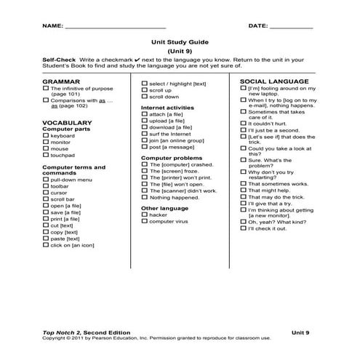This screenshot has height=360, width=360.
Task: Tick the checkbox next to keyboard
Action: click(x=47, y=135)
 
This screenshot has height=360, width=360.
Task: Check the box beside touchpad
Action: click(x=47, y=155)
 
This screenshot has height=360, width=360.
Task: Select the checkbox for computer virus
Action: click(x=144, y=221)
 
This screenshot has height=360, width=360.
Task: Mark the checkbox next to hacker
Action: click(x=144, y=215)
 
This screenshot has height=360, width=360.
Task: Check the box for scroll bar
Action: click(x=47, y=199)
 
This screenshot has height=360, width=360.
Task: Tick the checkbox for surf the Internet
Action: click(x=144, y=134)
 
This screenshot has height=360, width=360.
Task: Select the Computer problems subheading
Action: click(x=171, y=157)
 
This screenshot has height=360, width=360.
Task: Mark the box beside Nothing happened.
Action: click(x=144, y=197)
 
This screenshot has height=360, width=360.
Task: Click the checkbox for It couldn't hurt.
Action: click(x=242, y=124)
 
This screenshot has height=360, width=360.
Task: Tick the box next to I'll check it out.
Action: click(x=242, y=228)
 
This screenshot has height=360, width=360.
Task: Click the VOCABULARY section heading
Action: click(x=67, y=122)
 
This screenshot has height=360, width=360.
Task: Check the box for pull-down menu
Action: click(x=47, y=179)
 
